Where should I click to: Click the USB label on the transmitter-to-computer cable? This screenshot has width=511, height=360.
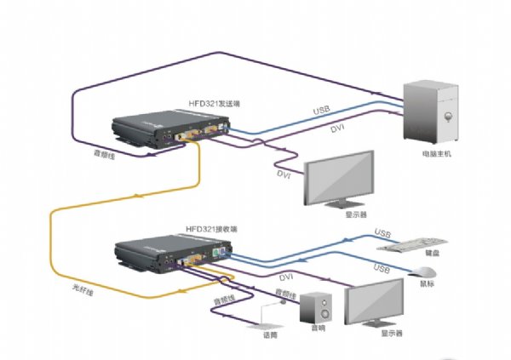[x=322, y=111]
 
